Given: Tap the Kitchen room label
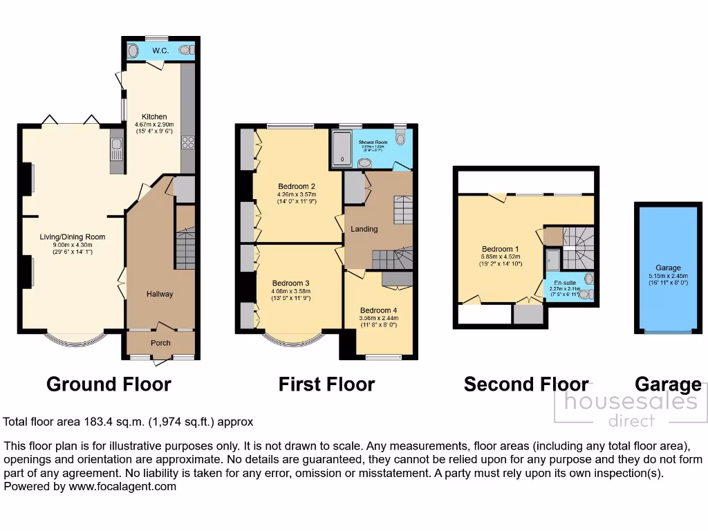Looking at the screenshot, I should coord(153,117).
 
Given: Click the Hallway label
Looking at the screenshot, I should coord(159,294).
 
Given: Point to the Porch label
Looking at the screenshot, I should coord(160,343).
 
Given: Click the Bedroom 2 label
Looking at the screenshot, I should coord(297,186).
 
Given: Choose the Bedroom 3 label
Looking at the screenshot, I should coord(290,283).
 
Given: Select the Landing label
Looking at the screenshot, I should coord(364,229).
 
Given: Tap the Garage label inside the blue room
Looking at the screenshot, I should coord(668,268).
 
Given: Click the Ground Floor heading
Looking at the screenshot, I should coord(109,384).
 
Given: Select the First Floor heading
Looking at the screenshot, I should coord(326,384).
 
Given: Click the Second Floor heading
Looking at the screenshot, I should coord(525,384).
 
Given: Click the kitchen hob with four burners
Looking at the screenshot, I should coord(187,142).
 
